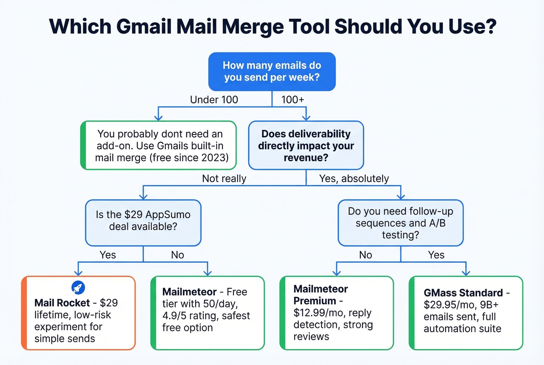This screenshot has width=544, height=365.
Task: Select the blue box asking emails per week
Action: click(x=272, y=72)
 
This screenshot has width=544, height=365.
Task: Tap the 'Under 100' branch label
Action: click(x=214, y=100)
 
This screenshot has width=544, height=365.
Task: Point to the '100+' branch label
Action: click(x=293, y=100)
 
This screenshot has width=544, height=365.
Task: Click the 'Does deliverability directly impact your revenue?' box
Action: click(x=306, y=145)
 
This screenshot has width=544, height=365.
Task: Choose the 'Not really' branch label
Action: click(x=224, y=178)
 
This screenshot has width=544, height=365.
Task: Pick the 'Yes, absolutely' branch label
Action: click(x=354, y=178)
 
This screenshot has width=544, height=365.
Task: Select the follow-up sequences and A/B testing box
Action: click(x=400, y=223)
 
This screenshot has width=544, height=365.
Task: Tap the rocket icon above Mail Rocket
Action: click(x=78, y=288)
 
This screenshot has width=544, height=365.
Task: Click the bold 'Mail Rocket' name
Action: click(x=62, y=303)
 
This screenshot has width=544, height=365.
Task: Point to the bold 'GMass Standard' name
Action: click(x=463, y=293)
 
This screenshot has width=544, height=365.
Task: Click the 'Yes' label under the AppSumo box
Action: click(x=108, y=255)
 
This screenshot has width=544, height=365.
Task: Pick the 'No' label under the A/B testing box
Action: click(x=365, y=255)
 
